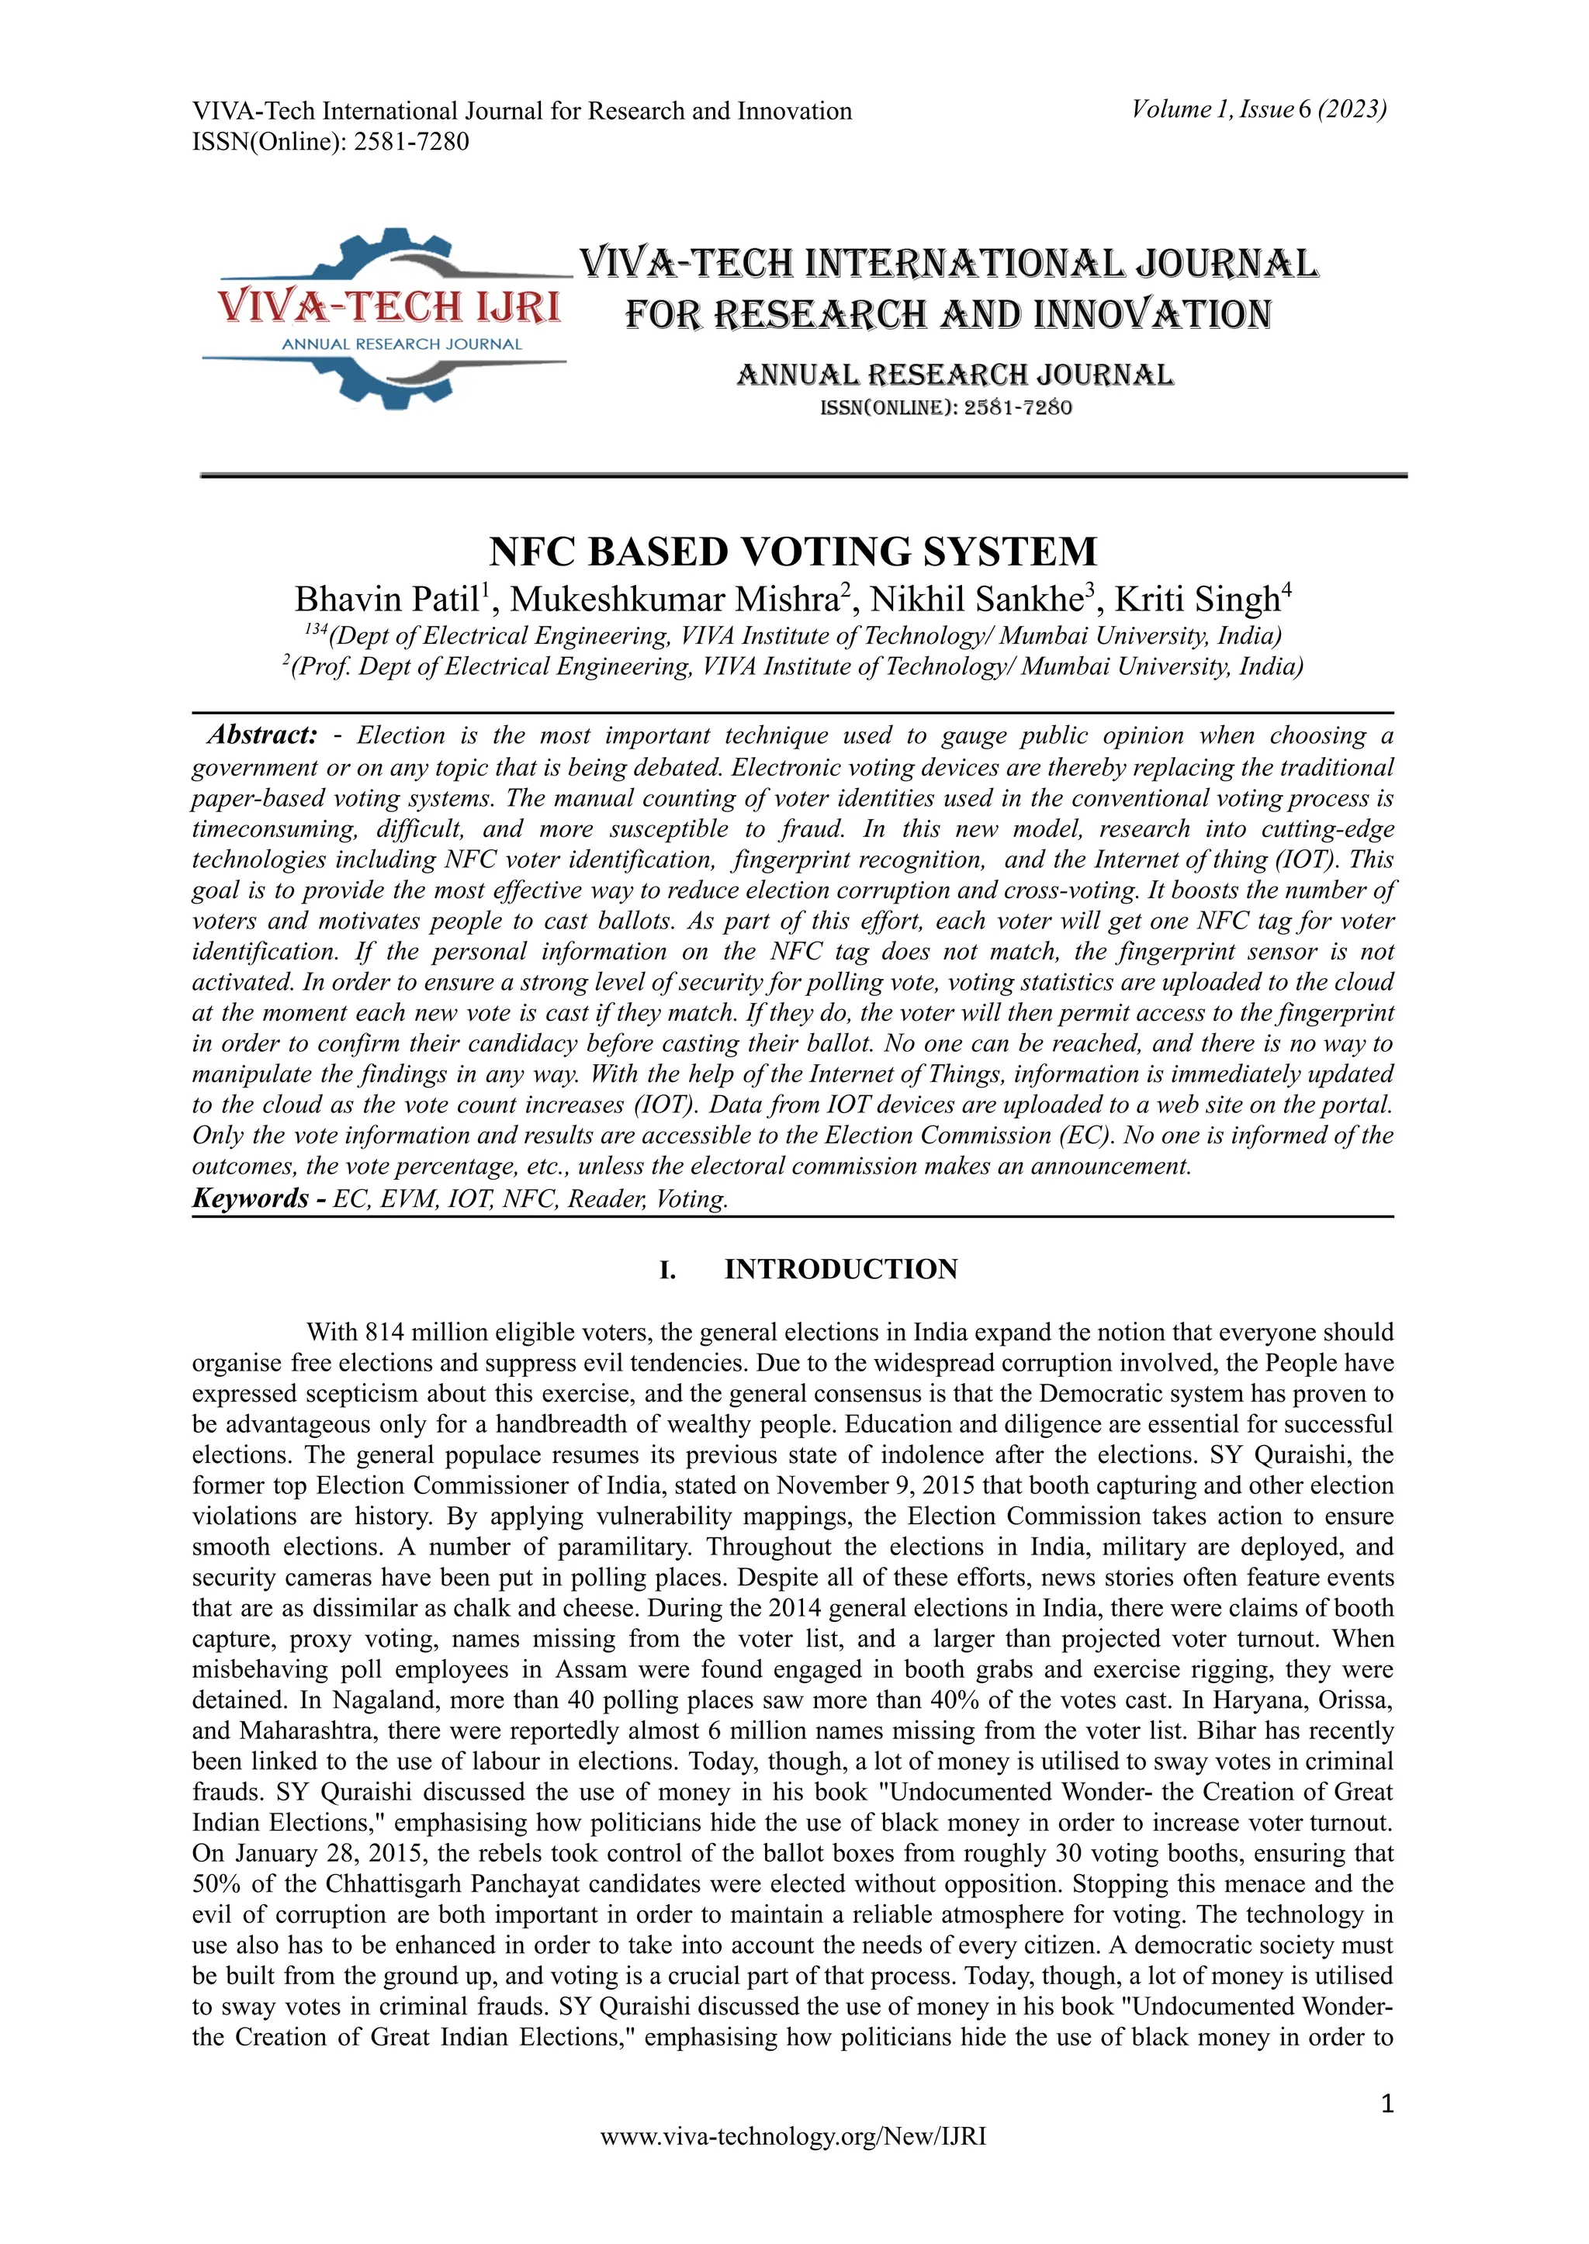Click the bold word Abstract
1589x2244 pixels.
click(262, 735)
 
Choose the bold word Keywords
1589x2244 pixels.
click(251, 1198)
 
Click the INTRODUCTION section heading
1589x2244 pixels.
click(840, 1270)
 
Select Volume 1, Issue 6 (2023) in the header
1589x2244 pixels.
click(1258, 109)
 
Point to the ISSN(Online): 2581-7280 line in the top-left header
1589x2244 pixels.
click(331, 142)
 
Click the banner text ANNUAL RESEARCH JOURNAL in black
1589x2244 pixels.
click(954, 375)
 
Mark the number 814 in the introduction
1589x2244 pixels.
click(385, 1333)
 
